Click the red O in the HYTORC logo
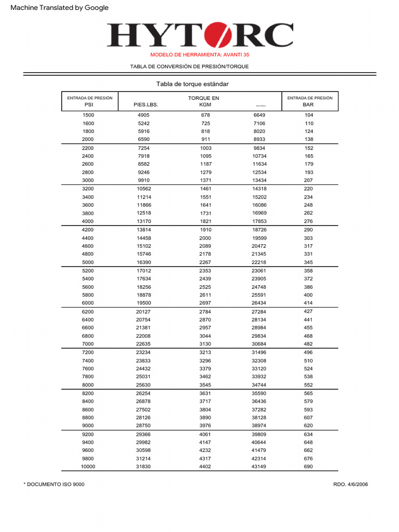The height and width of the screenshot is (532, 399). pos(218,35)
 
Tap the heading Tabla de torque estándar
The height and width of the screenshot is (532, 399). pos(192,84)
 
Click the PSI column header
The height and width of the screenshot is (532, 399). pos(89,104)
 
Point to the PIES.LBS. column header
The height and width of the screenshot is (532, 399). pos(145,104)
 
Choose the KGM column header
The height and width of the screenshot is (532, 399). pos(205,104)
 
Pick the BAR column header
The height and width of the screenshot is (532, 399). pos(309,104)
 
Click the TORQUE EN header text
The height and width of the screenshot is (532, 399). pos(203,98)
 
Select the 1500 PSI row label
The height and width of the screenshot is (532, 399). pos(88,115)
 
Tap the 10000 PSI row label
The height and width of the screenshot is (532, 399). pos(88,467)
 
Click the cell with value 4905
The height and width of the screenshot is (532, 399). pos(143,115)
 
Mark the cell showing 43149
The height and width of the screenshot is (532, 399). pos(259,467)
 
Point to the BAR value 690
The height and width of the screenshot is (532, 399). pos(309,467)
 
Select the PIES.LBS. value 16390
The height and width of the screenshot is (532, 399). pos(143,263)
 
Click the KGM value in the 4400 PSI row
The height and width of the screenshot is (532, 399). pos(205,238)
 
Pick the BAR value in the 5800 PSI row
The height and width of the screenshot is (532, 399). pos(309,295)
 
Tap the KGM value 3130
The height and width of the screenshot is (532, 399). pos(205,344)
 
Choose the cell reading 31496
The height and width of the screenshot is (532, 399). pos(259,352)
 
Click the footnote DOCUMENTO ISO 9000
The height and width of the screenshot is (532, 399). pos(54,484)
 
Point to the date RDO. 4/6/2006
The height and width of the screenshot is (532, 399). pos(350,484)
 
